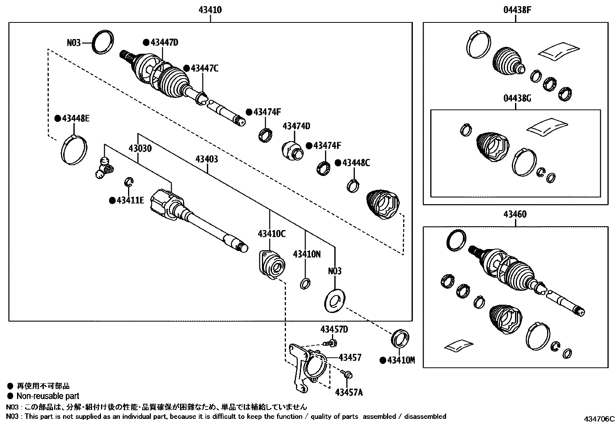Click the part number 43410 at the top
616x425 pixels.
click(210, 10)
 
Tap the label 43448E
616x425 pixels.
click(75, 119)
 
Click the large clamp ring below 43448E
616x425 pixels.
click(74, 150)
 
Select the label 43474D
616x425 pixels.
click(296, 126)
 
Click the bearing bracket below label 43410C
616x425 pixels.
click(272, 265)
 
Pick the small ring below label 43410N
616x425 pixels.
click(305, 284)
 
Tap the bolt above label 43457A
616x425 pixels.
click(347, 374)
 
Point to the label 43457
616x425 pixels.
click(350, 358)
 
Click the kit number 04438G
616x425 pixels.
click(517, 99)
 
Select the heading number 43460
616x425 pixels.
click(515, 215)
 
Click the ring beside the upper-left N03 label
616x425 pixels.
click(103, 41)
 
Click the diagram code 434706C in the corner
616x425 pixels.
click(599, 419)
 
